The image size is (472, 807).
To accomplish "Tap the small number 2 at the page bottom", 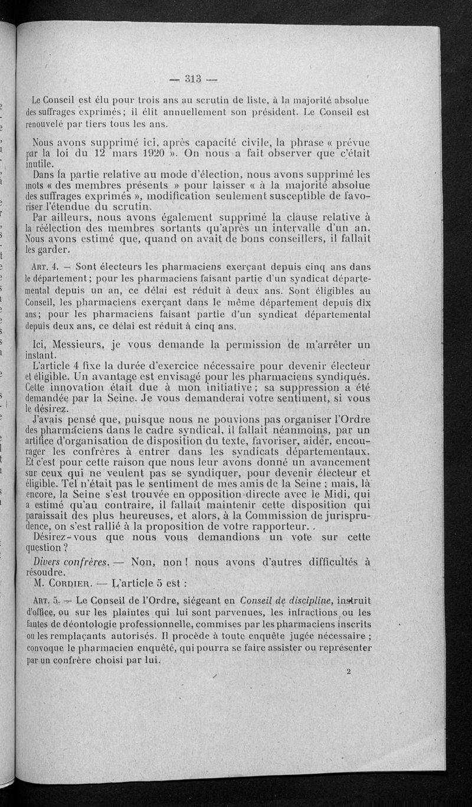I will pyautogui.click(x=349, y=672).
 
